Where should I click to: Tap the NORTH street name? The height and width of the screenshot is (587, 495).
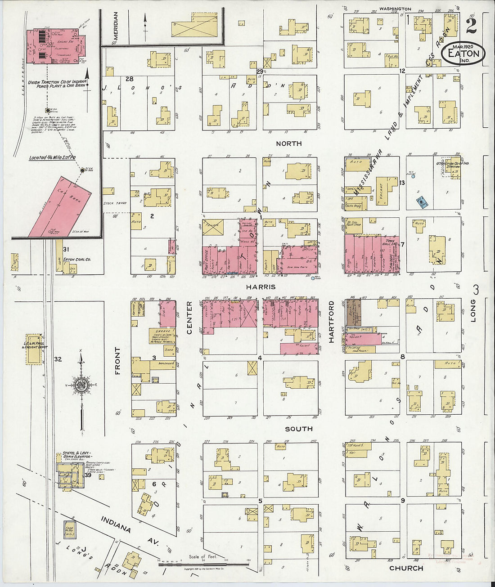(x=288, y=143)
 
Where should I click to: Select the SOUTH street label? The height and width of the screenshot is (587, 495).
(x=298, y=429)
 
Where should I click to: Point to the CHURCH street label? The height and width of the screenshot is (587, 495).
(x=406, y=568)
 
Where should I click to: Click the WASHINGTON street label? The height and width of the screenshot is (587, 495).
(x=395, y=9)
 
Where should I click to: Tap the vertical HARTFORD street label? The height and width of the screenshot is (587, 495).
(x=331, y=322)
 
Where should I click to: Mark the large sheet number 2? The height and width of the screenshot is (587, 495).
(x=471, y=26)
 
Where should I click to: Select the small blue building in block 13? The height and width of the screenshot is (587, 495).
(x=422, y=203)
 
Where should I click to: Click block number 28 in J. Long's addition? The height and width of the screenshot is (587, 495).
(x=130, y=79)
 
